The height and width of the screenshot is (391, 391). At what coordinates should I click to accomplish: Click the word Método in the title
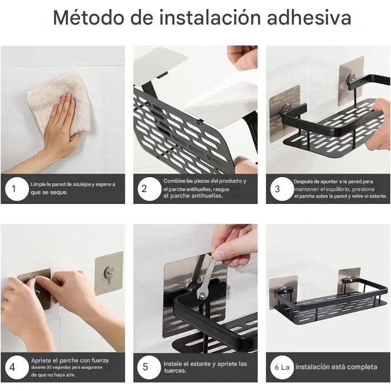88,17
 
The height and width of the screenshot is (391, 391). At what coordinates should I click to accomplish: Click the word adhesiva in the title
309,17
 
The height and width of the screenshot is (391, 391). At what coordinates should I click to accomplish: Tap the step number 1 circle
17,189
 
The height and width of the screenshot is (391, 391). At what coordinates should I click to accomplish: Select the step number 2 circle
149,189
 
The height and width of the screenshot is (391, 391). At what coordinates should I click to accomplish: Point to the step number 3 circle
282,189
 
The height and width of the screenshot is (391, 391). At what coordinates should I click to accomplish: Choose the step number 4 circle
17,368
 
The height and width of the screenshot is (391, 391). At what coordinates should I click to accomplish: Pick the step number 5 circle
149,368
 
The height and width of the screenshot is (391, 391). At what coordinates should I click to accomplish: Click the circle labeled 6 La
282,368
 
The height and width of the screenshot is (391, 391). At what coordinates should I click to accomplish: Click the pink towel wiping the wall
59,105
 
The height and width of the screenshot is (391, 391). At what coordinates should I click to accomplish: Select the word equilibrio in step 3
337,189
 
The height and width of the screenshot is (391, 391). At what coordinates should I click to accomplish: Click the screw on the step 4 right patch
109,273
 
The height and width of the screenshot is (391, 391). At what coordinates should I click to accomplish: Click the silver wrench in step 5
205,277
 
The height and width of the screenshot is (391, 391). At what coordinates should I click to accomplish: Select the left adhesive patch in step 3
285,113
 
